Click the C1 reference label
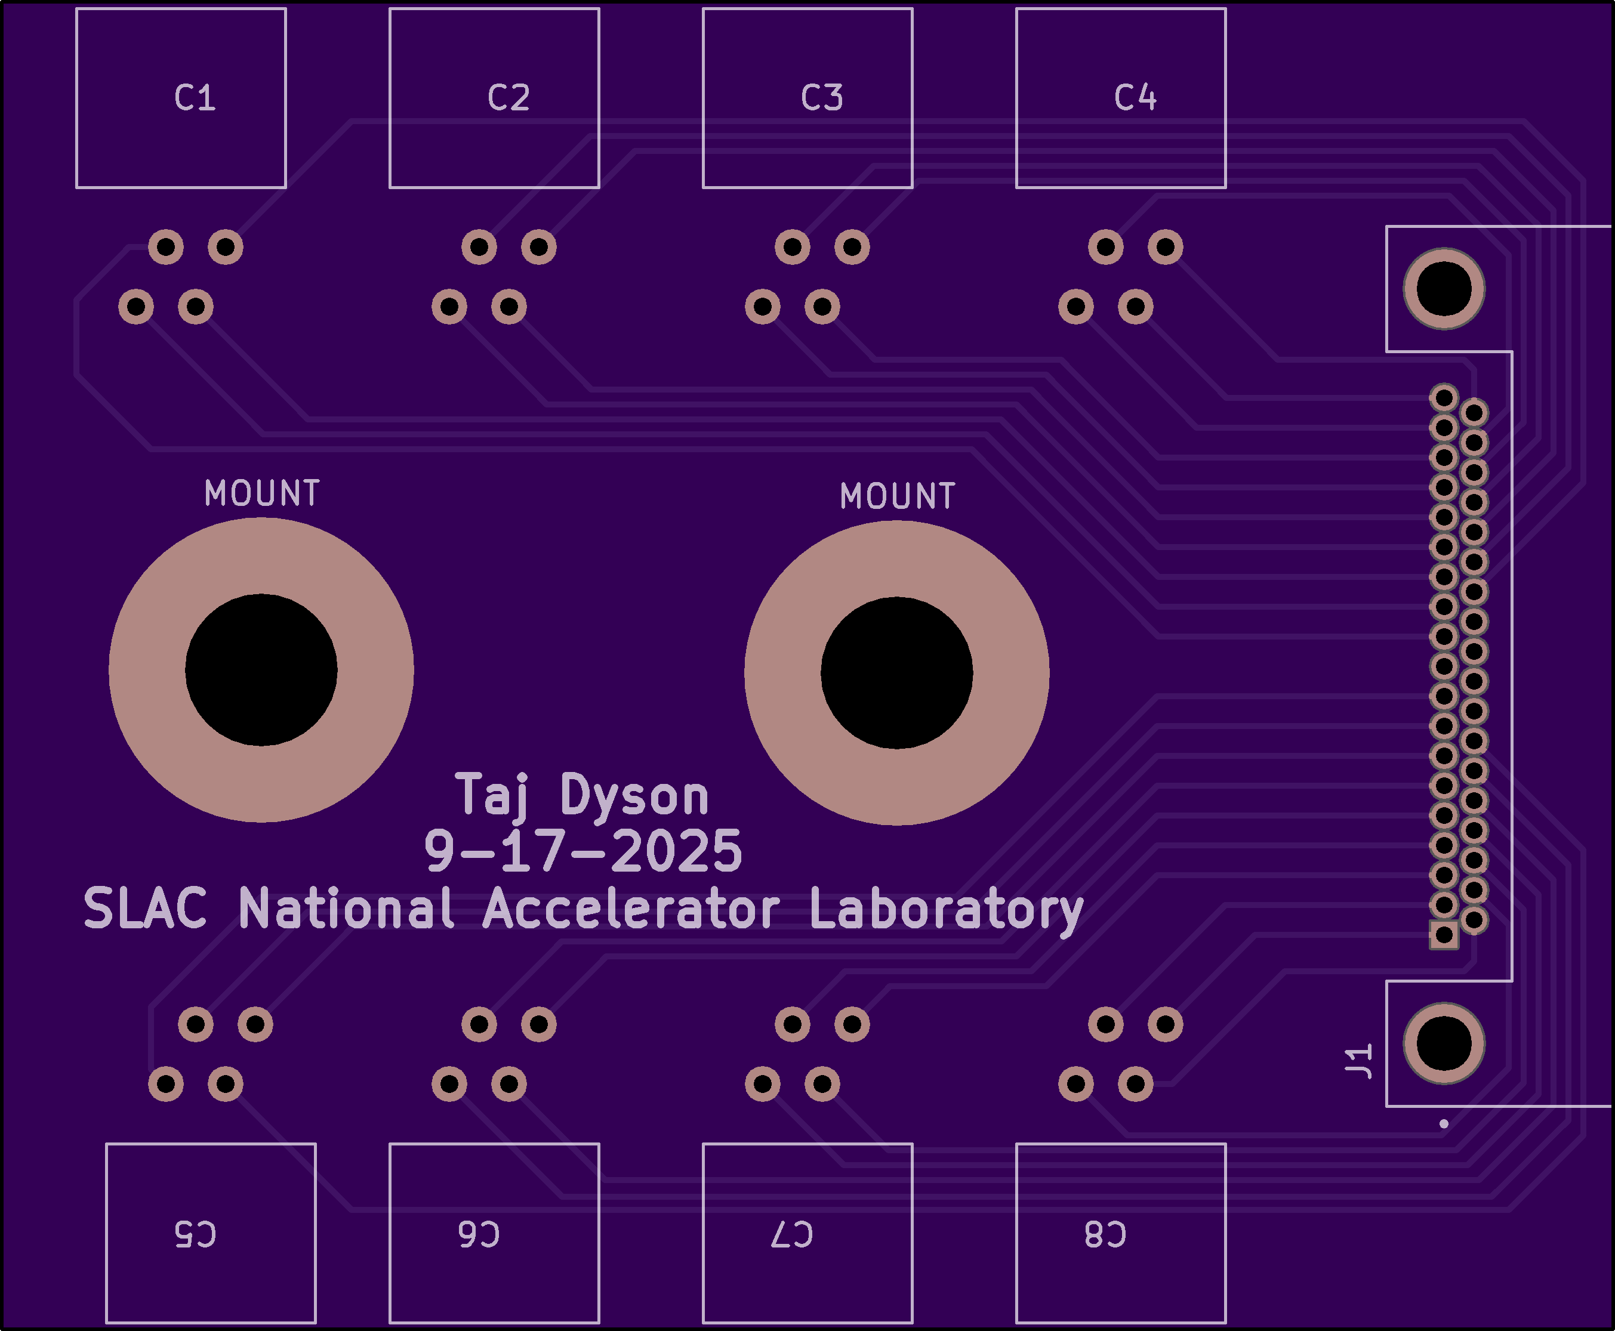195,98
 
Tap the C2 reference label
508,98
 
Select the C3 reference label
822,98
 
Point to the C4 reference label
1135,98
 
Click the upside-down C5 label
196,1234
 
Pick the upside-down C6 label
479,1234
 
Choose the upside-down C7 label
792,1234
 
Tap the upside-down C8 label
1105,1234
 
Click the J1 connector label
1359,1061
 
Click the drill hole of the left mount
261,669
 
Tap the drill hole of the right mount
896,672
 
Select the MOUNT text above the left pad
261,493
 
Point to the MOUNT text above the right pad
897,496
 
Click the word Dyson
634,796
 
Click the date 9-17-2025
583,851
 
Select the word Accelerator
630,909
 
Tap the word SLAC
145,909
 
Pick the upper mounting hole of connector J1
1444,289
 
